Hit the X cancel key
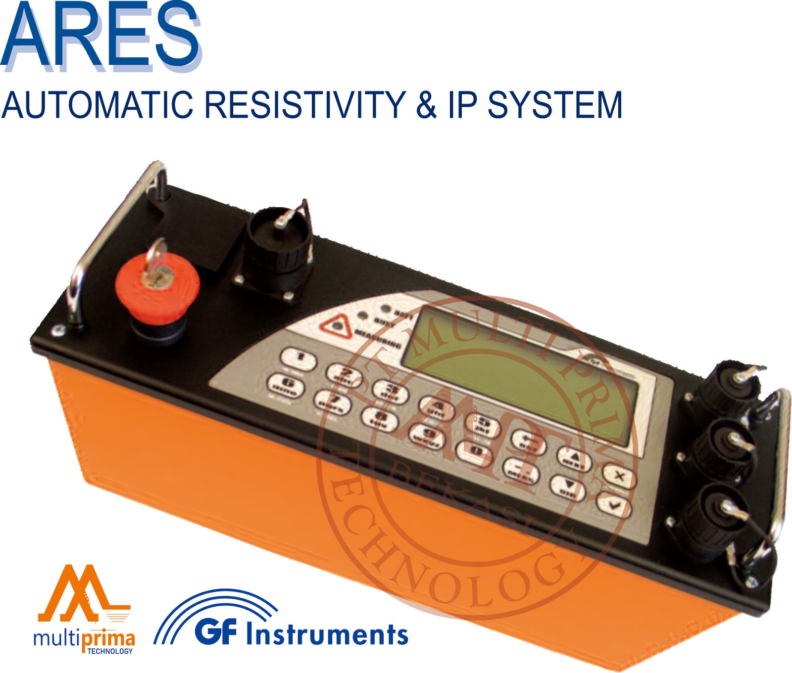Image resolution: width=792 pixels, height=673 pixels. pos(619,476)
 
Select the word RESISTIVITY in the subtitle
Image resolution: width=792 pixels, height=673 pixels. pos(304,105)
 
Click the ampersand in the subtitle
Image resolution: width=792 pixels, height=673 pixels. pos(426,105)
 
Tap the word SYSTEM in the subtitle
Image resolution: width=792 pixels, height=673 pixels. pos(554,105)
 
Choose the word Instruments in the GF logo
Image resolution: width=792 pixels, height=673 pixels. pos(327,634)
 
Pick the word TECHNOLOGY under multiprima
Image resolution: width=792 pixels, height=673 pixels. pos(110,652)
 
